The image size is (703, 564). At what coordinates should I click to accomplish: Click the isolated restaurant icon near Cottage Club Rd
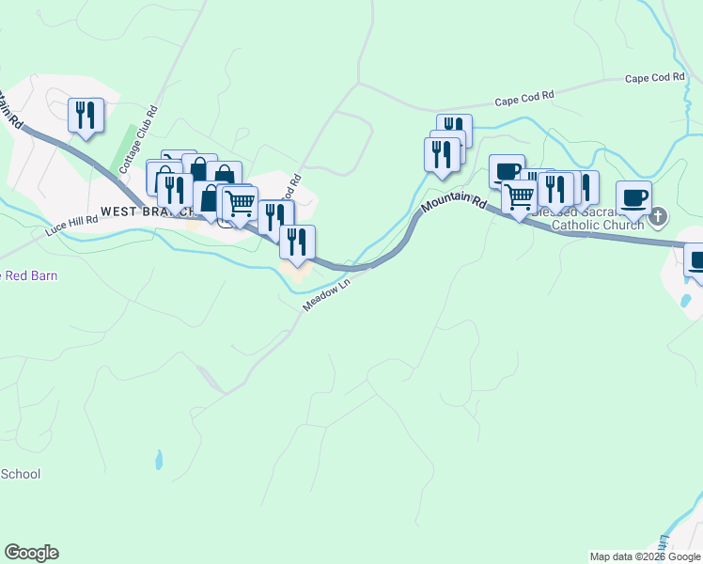coord(86,115)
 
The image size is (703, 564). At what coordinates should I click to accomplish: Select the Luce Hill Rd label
coord(71,225)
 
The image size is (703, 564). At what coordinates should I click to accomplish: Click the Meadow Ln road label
coord(326,294)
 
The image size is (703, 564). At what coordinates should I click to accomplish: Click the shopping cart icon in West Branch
coord(240,201)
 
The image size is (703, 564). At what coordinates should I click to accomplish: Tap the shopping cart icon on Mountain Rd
coord(519,196)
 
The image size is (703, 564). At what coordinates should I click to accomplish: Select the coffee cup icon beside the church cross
coord(633,197)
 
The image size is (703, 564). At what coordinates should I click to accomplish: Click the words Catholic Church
coord(597,225)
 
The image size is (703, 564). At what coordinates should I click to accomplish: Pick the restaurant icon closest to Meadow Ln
coord(297,242)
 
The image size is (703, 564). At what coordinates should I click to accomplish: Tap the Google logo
coord(31,553)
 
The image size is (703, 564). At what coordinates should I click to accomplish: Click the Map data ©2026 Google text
coord(645,556)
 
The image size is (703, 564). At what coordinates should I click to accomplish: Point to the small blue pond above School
coord(158,460)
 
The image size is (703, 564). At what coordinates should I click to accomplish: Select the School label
coord(20,474)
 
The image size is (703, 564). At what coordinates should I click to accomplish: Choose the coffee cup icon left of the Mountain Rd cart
coord(507,170)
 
